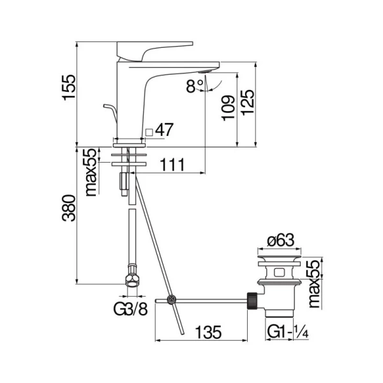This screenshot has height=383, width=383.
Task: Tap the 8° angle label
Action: (x=194, y=86)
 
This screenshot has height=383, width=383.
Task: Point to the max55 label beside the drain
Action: (x=313, y=283)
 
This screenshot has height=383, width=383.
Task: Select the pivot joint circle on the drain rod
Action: (x=170, y=300)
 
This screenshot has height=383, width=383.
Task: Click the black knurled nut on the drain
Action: (x=253, y=299)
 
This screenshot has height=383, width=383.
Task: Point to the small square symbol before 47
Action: (x=149, y=131)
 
